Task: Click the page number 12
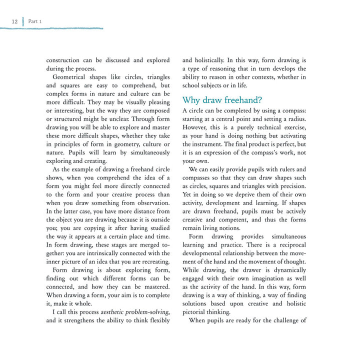tap(14, 21)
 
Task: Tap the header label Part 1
tap(35, 21)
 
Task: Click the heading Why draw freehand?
tap(222, 100)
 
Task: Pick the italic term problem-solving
tap(149, 312)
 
